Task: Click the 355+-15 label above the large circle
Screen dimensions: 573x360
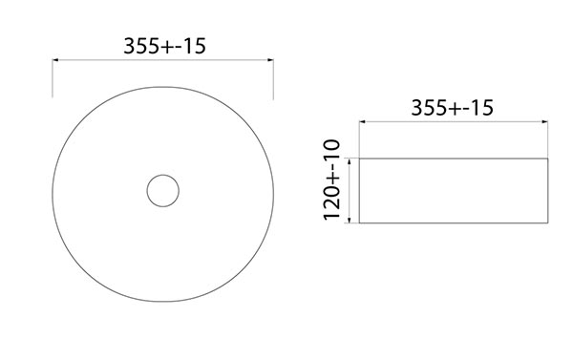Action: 165,46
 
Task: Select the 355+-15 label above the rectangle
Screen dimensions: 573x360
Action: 453,108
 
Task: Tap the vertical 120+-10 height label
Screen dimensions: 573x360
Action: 331,180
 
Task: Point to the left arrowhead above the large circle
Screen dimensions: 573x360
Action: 55,60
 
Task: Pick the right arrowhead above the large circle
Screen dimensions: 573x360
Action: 271,60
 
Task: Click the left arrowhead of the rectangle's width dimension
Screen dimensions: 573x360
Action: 363,121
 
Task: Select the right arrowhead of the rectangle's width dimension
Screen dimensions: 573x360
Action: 545,121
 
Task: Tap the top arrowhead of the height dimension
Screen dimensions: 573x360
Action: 350,161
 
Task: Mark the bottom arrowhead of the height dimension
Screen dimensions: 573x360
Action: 350,220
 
